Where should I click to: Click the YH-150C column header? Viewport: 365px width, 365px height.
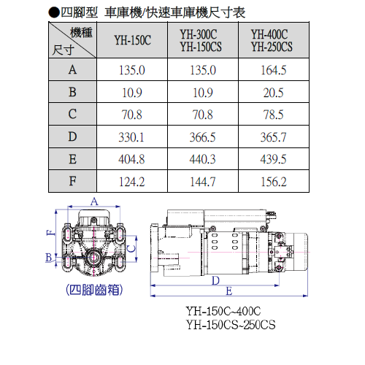pos(133,40)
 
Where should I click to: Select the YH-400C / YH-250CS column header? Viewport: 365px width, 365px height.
pos(272,40)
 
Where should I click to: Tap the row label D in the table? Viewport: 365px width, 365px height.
pos(72,137)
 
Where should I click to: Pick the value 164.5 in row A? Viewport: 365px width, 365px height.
pos(274,70)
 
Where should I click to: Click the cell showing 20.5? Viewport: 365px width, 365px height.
pos(274,93)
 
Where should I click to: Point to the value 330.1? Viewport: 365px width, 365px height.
pos(131,137)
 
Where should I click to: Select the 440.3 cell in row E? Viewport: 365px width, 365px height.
pos(202,159)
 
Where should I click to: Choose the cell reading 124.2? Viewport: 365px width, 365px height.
pos(131,182)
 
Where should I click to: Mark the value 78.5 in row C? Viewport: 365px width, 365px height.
pos(274,115)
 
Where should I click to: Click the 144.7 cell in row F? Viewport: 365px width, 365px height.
pos(203,182)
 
